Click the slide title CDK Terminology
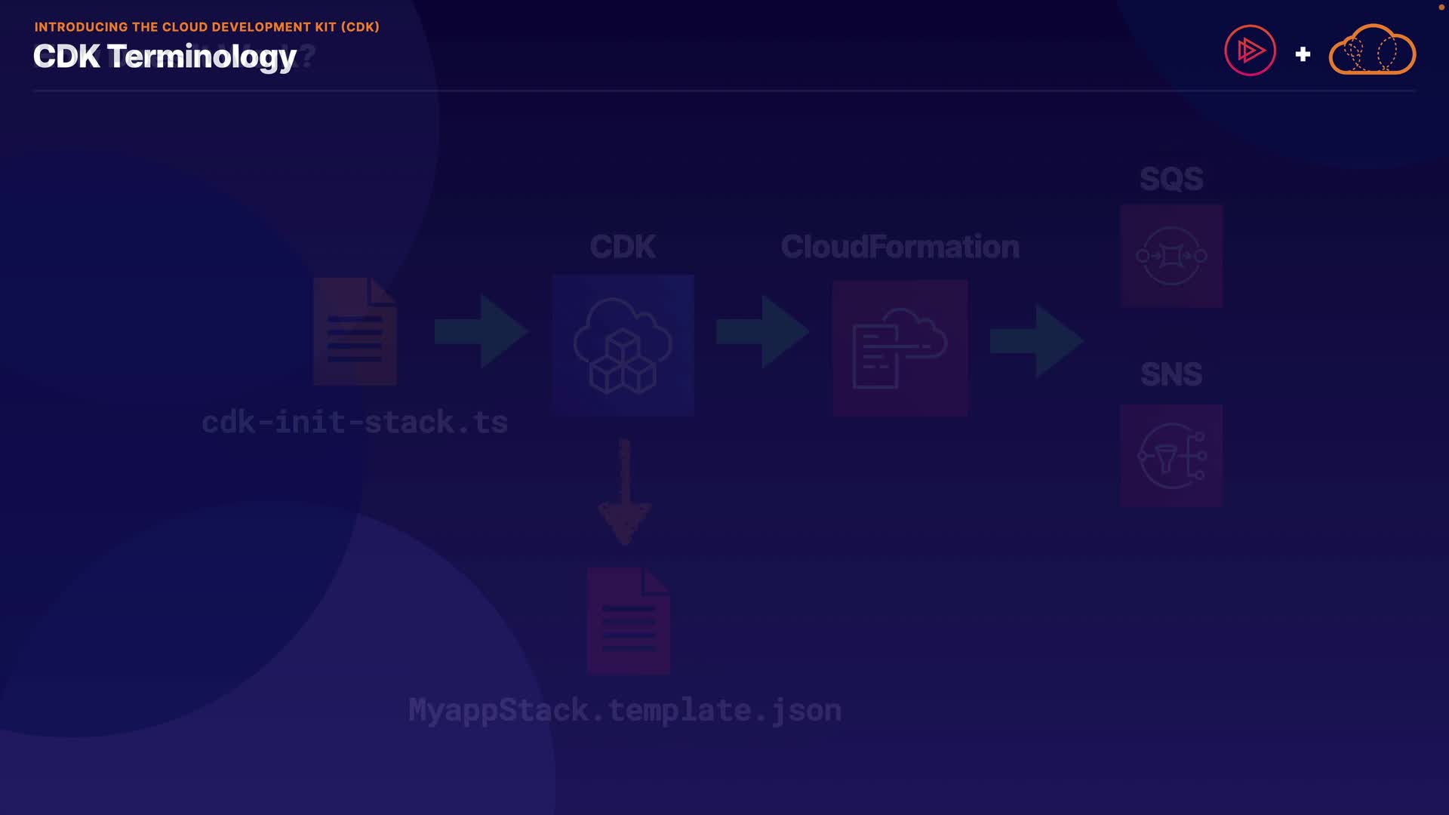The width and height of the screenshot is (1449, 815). coord(165,57)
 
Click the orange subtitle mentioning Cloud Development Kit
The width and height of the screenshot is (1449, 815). coord(207,27)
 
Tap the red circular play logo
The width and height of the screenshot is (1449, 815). coord(1250,51)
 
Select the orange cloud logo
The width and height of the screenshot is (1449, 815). coord(1372,51)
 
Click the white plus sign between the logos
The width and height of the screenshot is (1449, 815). coord(1303,54)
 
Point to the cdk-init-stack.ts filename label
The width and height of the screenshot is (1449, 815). coord(355,422)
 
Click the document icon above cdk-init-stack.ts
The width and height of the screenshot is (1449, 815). coord(355,331)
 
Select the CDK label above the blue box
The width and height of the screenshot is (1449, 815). coord(623,247)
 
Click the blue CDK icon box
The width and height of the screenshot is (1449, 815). coord(623,345)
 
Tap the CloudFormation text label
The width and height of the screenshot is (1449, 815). coord(900,247)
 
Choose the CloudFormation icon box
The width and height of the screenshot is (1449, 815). coord(900,348)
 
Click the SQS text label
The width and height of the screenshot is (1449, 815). coord(1171,179)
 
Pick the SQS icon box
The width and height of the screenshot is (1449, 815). coord(1171,256)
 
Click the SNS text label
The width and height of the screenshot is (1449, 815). coord(1171,374)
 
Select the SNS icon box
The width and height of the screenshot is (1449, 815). coord(1171,456)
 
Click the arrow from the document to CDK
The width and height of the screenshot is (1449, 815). coord(481,331)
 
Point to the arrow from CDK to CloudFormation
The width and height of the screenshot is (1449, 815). coord(762,331)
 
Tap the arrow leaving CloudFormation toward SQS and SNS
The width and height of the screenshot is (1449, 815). coord(1036,341)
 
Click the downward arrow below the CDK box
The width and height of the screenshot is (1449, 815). coord(624,492)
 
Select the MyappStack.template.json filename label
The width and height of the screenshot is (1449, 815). coord(625,710)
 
